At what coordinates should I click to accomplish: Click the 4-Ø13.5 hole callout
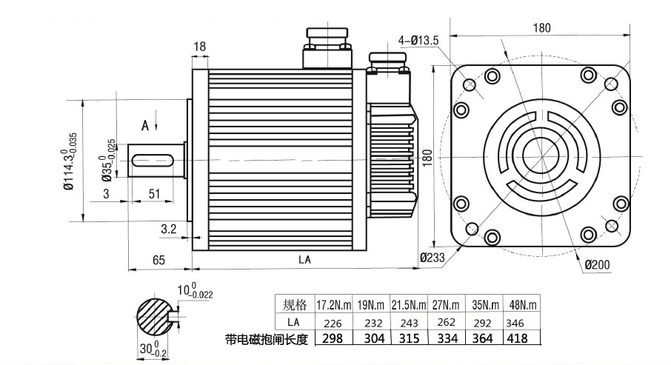pyautogui.click(x=420, y=38)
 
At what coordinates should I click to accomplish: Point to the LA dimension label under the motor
pyautogui.click(x=304, y=260)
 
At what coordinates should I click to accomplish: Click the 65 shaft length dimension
pyautogui.click(x=158, y=260)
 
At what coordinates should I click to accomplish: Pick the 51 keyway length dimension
pyautogui.click(x=156, y=193)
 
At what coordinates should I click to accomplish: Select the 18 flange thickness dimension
pyautogui.click(x=199, y=47)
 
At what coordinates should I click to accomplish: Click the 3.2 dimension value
pyautogui.click(x=169, y=230)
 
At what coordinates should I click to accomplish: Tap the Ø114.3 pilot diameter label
pyautogui.click(x=69, y=165)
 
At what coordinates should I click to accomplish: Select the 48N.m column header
pyautogui.click(x=523, y=304)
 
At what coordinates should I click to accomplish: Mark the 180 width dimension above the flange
pyautogui.click(x=541, y=28)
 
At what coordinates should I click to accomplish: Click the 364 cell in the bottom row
pyautogui.click(x=483, y=338)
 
